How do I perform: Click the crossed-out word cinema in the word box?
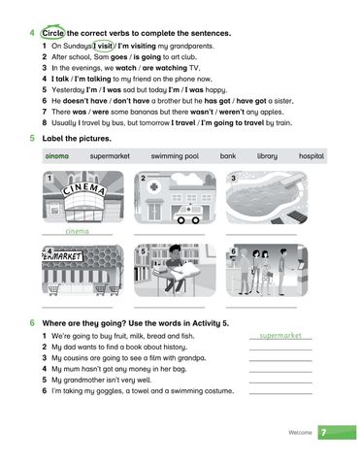pyautogui.click(x=57, y=155)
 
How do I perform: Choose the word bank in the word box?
pyautogui.click(x=227, y=155)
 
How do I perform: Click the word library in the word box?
pyautogui.click(x=267, y=155)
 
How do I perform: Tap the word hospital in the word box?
pyautogui.click(x=311, y=155)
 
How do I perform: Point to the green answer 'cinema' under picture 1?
pyautogui.click(x=76, y=232)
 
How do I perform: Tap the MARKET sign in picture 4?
pyautogui.click(x=64, y=256)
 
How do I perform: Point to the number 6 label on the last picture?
pyautogui.click(x=233, y=251)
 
